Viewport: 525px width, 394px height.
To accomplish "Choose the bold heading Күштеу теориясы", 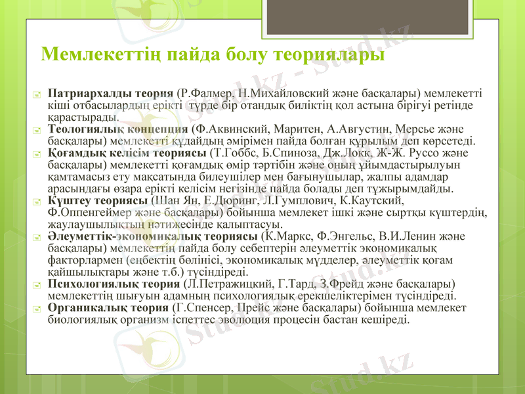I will point(98,201).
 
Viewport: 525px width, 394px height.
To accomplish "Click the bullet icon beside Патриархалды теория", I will point(38,93).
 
